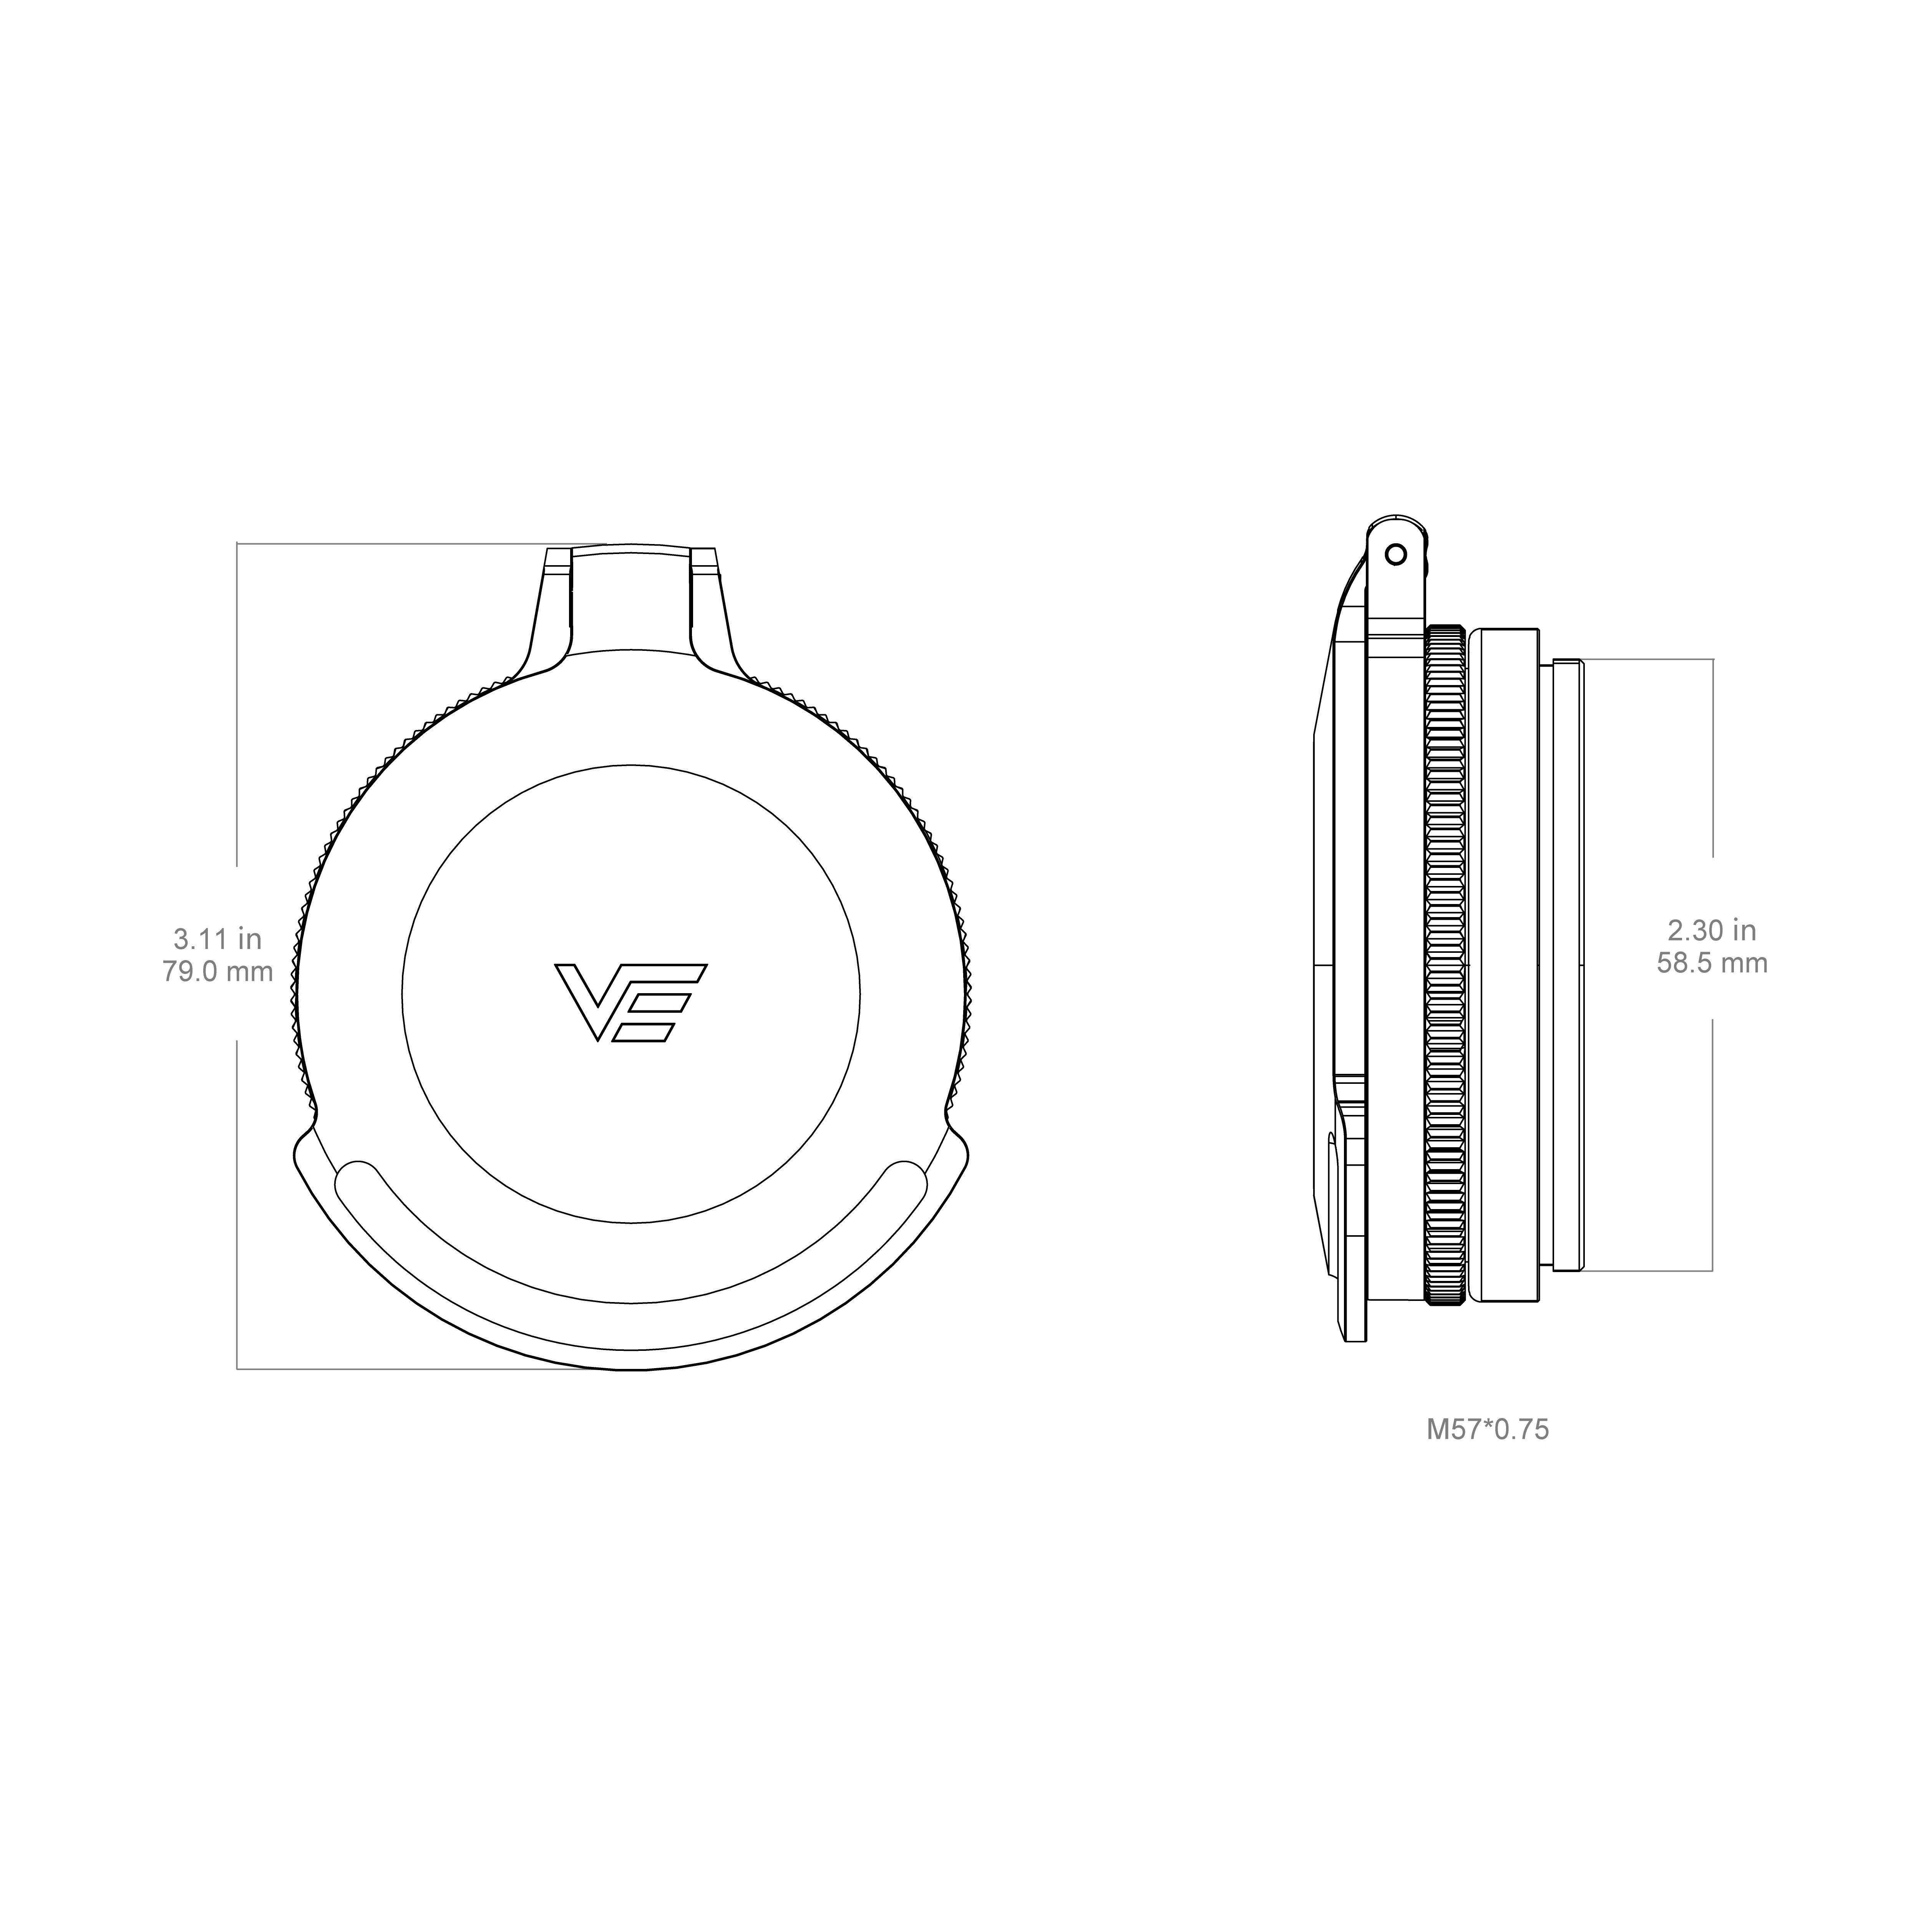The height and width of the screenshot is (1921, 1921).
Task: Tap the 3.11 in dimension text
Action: point(218,937)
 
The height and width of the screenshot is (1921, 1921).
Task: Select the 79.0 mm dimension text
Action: point(218,971)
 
